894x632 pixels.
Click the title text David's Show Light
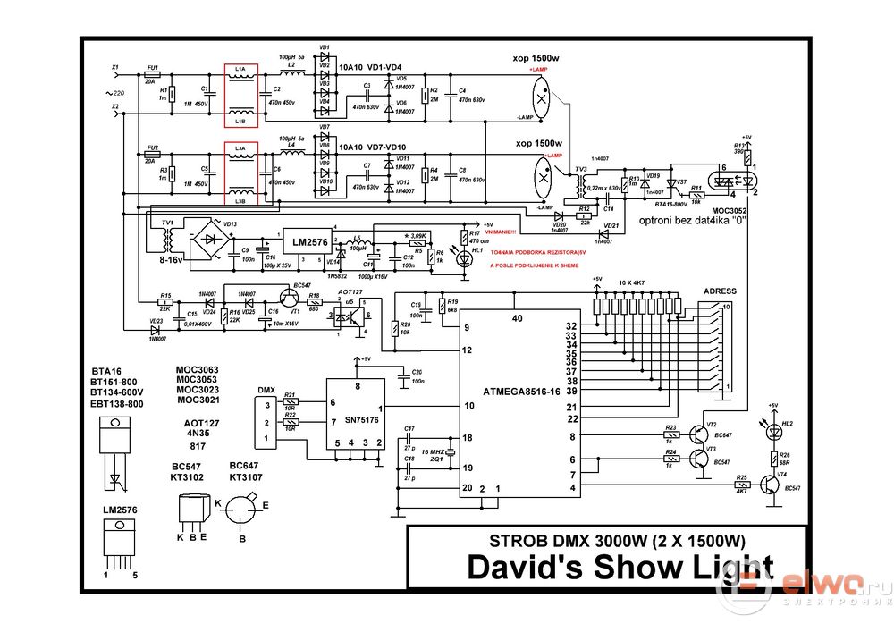618,568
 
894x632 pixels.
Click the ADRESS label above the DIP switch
720,291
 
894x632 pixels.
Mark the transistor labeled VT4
770,485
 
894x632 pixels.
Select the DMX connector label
266,390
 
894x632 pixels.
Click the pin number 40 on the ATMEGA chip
517,318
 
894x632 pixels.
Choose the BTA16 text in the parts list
106,369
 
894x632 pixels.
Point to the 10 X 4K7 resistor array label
638,282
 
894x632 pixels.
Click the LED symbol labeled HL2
774,431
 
